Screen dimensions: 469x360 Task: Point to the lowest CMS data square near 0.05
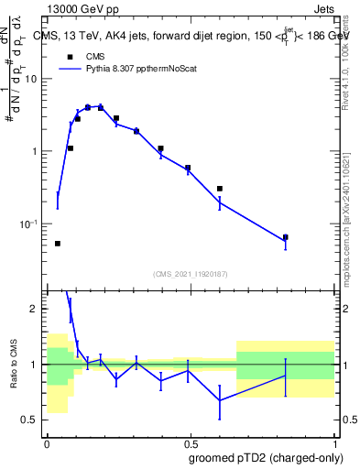coord(58,244)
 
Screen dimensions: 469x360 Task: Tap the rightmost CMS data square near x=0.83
coord(285,237)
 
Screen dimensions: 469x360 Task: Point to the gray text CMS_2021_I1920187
coord(190,274)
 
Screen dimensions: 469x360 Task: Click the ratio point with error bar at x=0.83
coord(285,376)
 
